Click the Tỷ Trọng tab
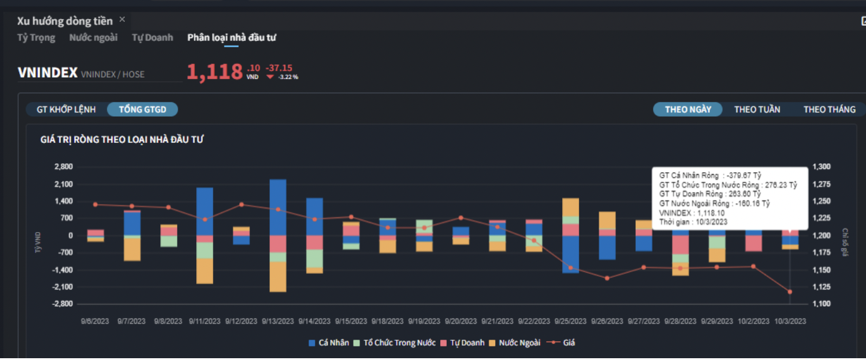[x=36, y=38]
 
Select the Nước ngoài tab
[x=93, y=38]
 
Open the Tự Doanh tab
[x=153, y=38]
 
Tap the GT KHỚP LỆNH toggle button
[x=66, y=109]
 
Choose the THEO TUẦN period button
[x=757, y=109]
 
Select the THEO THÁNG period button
[x=830, y=109]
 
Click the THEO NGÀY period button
[x=688, y=109]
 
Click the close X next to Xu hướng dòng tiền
[x=122, y=20]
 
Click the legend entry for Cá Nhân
[x=328, y=343]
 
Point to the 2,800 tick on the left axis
[x=63, y=167]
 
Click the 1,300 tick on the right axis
[x=822, y=167]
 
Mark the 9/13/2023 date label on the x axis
[x=278, y=321]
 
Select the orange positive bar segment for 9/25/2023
[x=570, y=207]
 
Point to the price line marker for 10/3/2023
[x=789, y=292]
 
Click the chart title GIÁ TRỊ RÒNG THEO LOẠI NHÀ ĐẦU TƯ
[x=122, y=139]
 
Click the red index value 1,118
[x=215, y=72]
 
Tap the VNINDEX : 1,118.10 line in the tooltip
[x=692, y=213]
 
